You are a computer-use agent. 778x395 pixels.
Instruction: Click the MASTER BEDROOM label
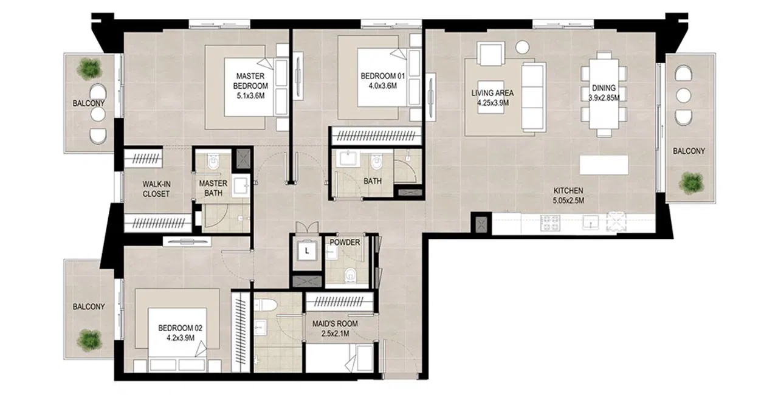click(252, 81)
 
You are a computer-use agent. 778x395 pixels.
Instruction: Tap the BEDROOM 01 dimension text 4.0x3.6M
click(378, 86)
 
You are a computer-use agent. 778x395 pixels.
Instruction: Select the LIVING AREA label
click(492, 94)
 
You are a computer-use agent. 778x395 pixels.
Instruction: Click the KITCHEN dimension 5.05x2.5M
click(568, 201)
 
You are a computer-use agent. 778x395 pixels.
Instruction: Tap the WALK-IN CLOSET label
click(156, 188)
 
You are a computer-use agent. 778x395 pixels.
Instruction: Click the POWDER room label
click(345, 242)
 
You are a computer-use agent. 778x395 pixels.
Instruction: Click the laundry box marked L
click(308, 249)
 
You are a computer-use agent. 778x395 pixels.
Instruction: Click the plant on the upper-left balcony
click(90, 68)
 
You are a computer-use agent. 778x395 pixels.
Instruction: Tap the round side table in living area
click(522, 47)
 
